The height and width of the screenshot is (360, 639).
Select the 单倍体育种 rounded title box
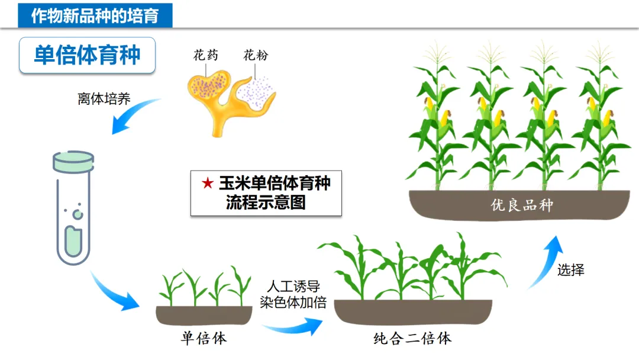tap(87, 55)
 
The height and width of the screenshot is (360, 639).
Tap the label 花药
tap(205, 56)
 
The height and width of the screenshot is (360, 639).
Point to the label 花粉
tap(256, 56)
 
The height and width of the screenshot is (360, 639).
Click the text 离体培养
tap(104, 98)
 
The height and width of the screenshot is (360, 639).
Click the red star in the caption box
tap(207, 184)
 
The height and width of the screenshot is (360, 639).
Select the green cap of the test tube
tap(73, 159)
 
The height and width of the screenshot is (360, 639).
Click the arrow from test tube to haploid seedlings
tap(115, 292)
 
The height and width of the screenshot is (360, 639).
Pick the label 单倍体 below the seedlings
tap(204, 338)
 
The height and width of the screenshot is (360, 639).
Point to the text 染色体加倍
tap(293, 302)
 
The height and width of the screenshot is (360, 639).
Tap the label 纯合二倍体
tap(412, 338)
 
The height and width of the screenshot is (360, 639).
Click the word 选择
tap(570, 270)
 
